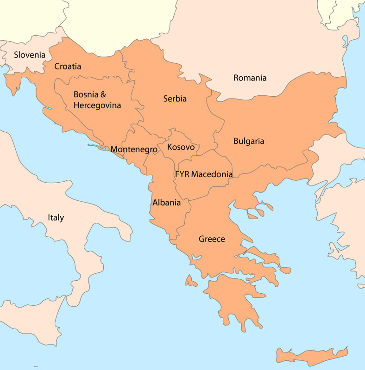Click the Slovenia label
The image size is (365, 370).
click(30, 55)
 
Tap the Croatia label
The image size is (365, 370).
click(68, 67)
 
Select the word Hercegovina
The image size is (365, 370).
click(97, 105)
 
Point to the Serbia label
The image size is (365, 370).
click(175, 99)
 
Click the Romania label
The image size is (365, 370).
click(250, 78)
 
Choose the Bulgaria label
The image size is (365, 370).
click(249, 141)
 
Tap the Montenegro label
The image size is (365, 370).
click(133, 149)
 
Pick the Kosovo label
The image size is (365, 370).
click(181, 147)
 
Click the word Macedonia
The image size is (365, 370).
click(212, 174)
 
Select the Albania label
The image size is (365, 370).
click(166, 203)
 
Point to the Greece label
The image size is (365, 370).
click(212, 239)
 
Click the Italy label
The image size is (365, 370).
click(56, 217)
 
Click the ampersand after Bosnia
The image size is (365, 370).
click(103, 95)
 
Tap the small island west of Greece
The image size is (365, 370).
click(190, 280)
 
